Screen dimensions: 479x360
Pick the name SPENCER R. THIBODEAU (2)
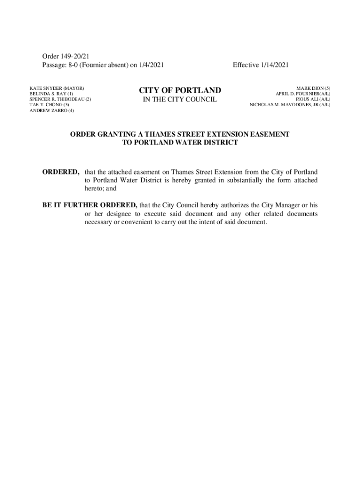[x=60, y=100]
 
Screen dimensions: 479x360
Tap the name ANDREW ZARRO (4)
[x=52, y=111]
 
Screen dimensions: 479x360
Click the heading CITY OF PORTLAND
[x=180, y=90]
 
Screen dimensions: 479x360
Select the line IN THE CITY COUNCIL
[x=180, y=100]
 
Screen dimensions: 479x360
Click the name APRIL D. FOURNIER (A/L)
[x=303, y=94]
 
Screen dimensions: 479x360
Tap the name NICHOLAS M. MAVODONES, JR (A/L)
[x=290, y=105]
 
